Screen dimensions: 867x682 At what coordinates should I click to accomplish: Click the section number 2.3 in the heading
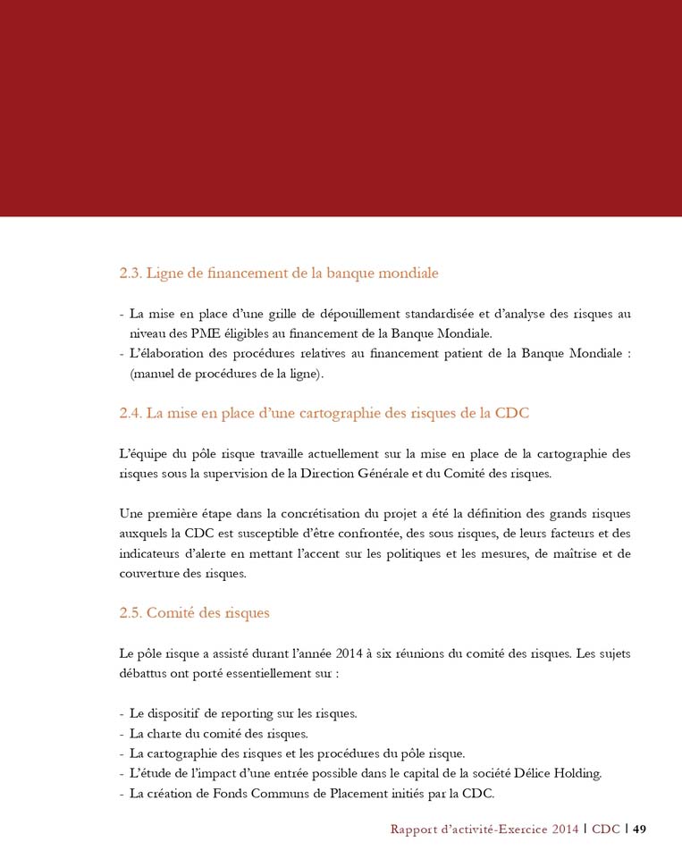131,273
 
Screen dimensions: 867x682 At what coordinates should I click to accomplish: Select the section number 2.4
131,413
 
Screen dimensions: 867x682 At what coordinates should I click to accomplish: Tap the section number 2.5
131,613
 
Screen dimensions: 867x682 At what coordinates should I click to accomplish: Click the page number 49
640,829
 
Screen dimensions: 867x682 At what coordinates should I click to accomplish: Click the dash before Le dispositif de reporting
122,713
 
